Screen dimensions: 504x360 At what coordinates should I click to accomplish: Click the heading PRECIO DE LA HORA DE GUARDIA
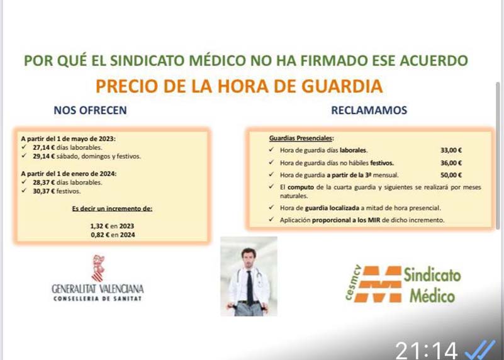pyautogui.click(x=239, y=86)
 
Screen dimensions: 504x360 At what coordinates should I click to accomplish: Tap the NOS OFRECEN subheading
pyautogui.click(x=90, y=110)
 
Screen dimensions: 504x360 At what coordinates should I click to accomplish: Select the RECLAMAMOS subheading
pyautogui.click(x=369, y=110)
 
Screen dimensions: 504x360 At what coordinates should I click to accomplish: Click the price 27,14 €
pyautogui.click(x=43, y=147)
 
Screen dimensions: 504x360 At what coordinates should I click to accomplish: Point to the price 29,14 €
pyautogui.click(x=43, y=156)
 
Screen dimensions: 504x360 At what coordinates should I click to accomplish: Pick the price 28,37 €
pyautogui.click(x=43, y=183)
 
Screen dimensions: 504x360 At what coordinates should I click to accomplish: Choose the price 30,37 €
pyautogui.click(x=43, y=191)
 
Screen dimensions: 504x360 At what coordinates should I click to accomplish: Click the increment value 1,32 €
pyautogui.click(x=99, y=226)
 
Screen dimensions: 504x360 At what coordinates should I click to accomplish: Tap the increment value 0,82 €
pyautogui.click(x=100, y=235)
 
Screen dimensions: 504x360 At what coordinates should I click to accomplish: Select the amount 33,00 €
pyautogui.click(x=451, y=150)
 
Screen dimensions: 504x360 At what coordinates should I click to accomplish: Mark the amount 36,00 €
pyautogui.click(x=451, y=163)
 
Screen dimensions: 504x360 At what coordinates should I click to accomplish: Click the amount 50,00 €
pyautogui.click(x=451, y=175)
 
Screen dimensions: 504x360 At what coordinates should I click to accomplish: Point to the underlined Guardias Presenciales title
pyautogui.click(x=301, y=138)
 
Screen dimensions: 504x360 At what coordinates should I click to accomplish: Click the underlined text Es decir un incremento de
pyautogui.click(x=112, y=208)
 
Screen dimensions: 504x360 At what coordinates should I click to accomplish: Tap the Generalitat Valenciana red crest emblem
pyautogui.click(x=98, y=268)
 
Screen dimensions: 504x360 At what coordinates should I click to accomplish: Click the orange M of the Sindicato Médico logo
pyautogui.click(x=380, y=284)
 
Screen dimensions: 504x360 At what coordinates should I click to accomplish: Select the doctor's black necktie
pyautogui.click(x=250, y=288)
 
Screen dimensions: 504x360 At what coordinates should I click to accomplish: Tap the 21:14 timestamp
pyautogui.click(x=426, y=351)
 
